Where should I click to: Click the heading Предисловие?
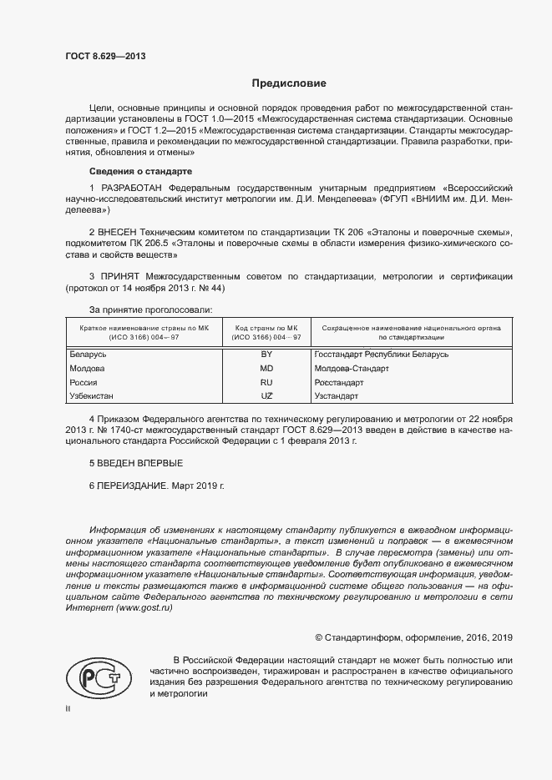pos(289,83)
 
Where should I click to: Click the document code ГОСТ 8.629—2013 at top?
pos(105,57)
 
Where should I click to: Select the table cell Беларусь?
pos(88,355)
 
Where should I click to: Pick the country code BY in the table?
pos(267,355)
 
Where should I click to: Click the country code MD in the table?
pos(267,368)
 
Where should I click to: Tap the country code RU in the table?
pos(267,382)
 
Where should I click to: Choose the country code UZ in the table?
pos(267,395)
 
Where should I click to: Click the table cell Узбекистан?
pos(91,395)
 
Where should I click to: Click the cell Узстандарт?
pos(337,395)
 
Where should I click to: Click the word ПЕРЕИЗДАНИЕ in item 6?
pos(133,485)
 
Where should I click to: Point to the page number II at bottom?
pos(68,708)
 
